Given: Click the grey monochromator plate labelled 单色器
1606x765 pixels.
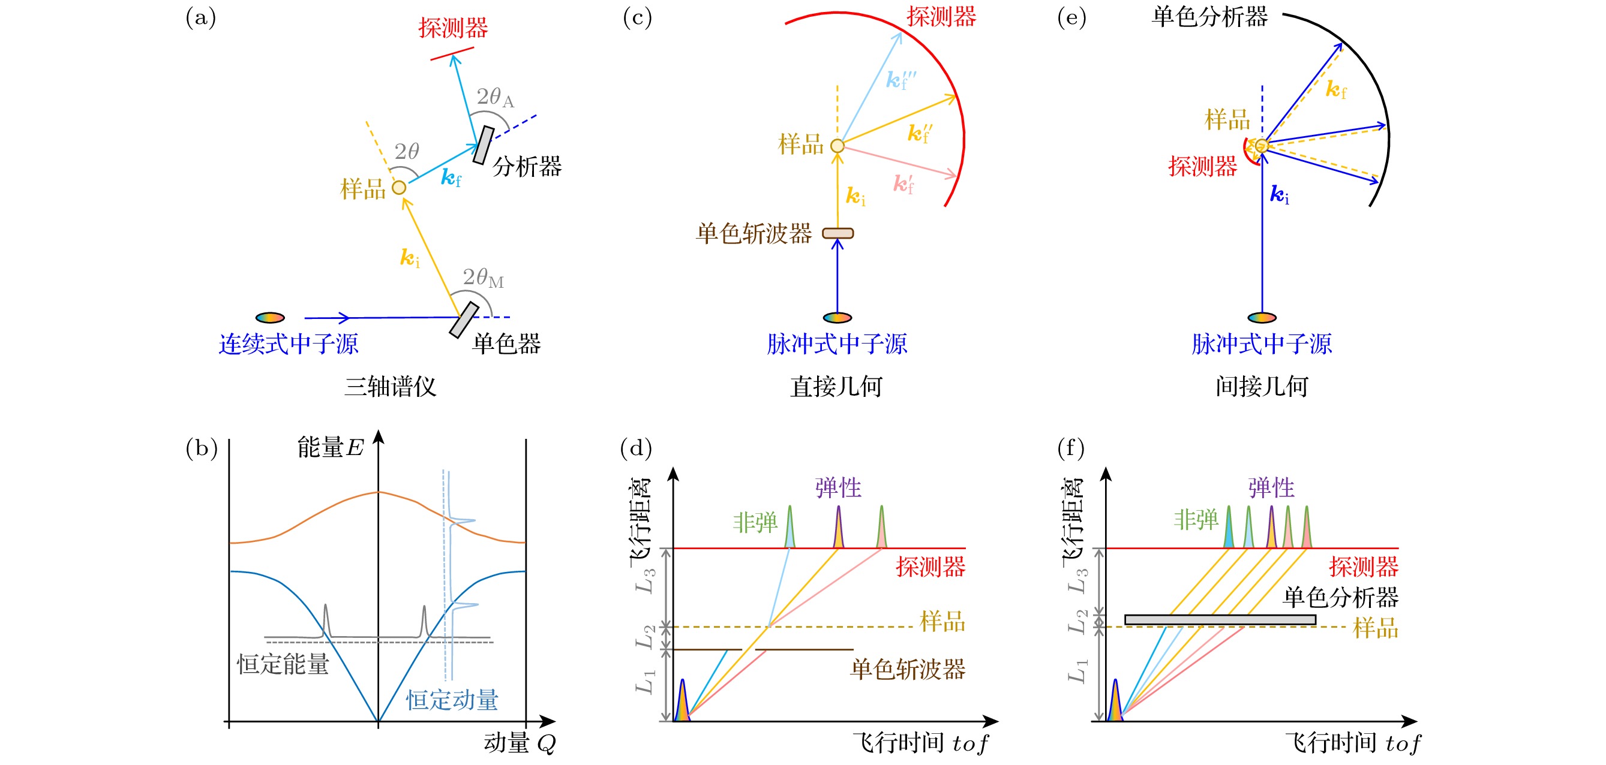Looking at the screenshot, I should [464, 320].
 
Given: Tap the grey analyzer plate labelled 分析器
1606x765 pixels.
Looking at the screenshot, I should [483, 146].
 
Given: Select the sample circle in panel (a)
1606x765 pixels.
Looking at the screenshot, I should [399, 188].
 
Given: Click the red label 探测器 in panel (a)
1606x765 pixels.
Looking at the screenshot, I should [454, 28].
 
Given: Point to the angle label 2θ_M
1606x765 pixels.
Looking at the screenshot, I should [482, 278].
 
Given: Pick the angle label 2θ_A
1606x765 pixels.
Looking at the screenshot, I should [495, 97].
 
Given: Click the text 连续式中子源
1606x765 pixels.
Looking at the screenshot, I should [289, 344].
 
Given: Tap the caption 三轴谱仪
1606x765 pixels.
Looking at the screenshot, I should [391, 387].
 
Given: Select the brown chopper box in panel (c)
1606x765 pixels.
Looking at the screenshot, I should [837, 234].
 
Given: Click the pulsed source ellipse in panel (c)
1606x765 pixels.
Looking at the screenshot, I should [837, 318].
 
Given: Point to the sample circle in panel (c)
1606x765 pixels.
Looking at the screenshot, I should [837, 146].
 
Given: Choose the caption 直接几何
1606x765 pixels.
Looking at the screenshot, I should [837, 387].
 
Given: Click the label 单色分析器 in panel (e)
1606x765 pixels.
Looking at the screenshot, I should [1209, 17].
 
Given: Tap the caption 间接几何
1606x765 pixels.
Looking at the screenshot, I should [1262, 387].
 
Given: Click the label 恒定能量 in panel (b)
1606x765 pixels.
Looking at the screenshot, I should [283, 665].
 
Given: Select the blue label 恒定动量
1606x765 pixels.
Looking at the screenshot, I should [452, 700].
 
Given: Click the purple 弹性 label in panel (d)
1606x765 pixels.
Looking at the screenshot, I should [838, 488].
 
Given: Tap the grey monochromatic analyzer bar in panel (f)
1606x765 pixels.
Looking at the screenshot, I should [1220, 620].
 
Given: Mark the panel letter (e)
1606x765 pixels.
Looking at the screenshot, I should [1071, 17].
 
